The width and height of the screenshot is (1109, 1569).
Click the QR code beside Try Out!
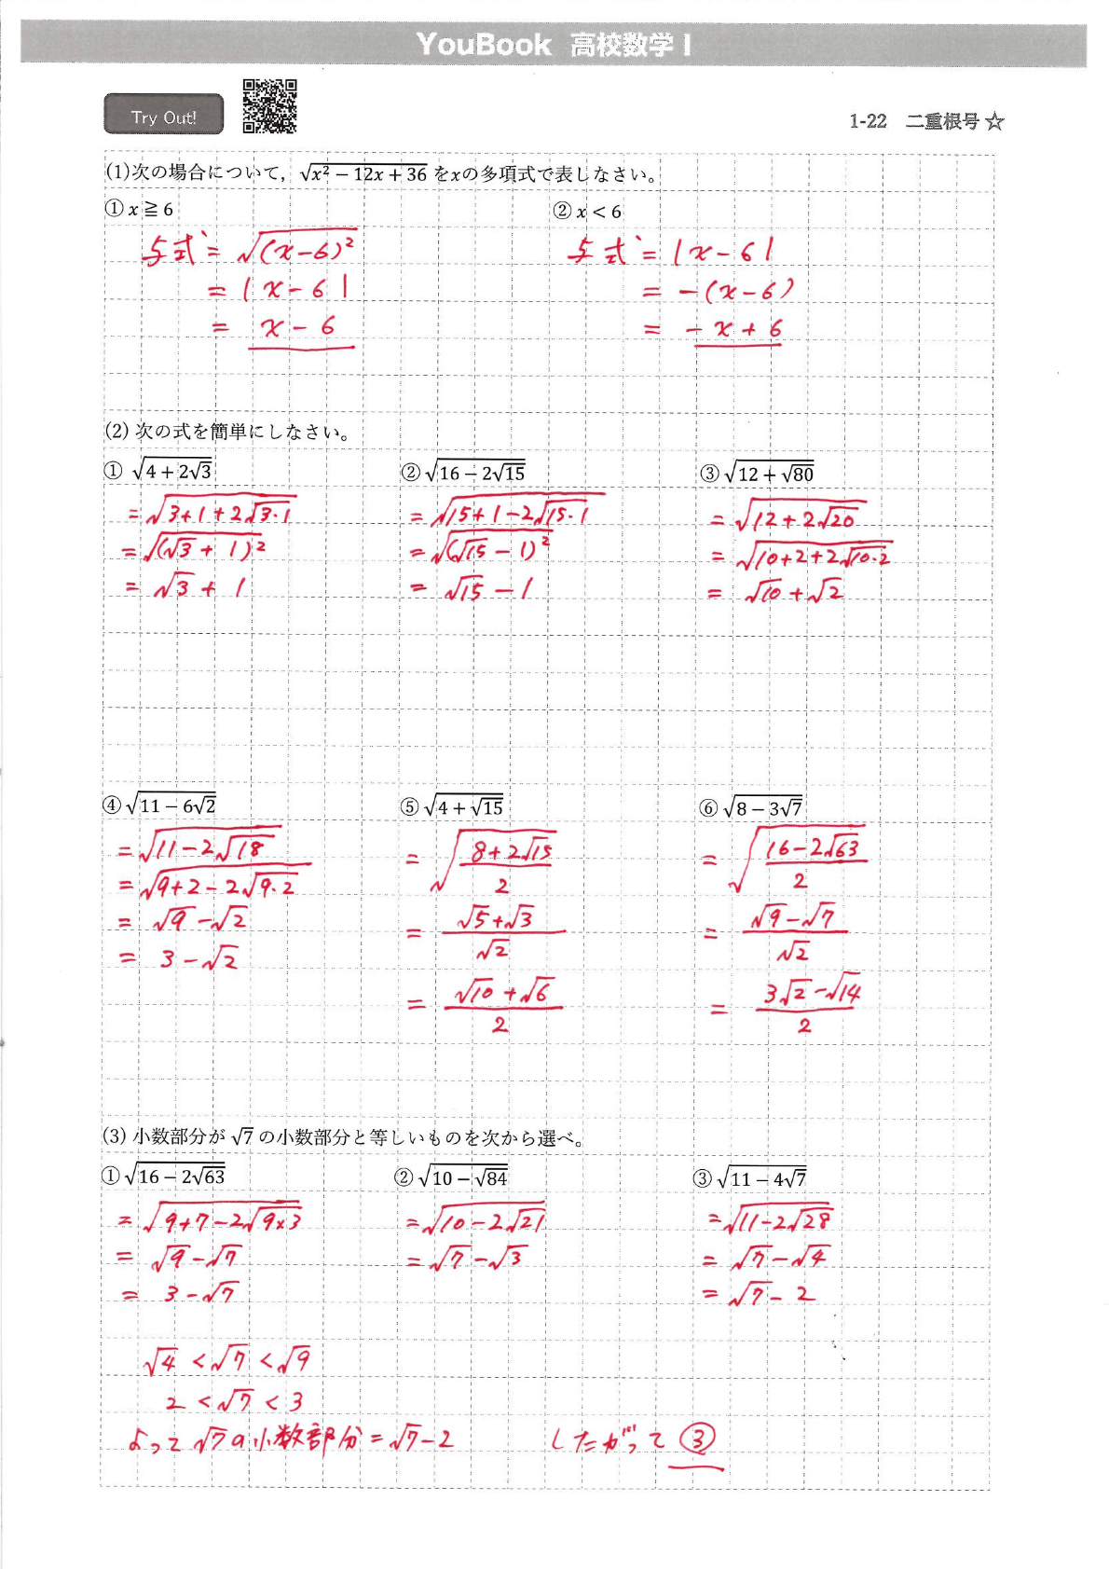coord(269,106)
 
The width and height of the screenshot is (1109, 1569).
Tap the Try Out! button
coord(164,116)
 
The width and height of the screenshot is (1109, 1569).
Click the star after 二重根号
coord(994,122)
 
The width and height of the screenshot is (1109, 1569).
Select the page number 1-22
coord(868,122)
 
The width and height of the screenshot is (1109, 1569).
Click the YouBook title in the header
coord(484,45)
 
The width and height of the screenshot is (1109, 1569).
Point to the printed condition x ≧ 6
coord(149,210)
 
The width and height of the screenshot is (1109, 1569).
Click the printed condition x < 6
coord(597,212)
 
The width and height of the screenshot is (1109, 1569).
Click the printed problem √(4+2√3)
coord(172,471)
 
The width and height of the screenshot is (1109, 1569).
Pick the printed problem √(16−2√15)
coord(474,473)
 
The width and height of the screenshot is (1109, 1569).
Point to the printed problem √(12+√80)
coord(769,474)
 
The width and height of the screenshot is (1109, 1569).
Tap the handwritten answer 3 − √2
coord(198,959)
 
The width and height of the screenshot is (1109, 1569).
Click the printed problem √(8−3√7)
coord(761,807)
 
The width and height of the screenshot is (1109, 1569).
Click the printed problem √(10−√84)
coord(463,1177)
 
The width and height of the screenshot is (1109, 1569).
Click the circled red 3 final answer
coord(697,1440)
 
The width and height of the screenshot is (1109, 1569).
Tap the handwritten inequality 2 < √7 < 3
coord(234,1401)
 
